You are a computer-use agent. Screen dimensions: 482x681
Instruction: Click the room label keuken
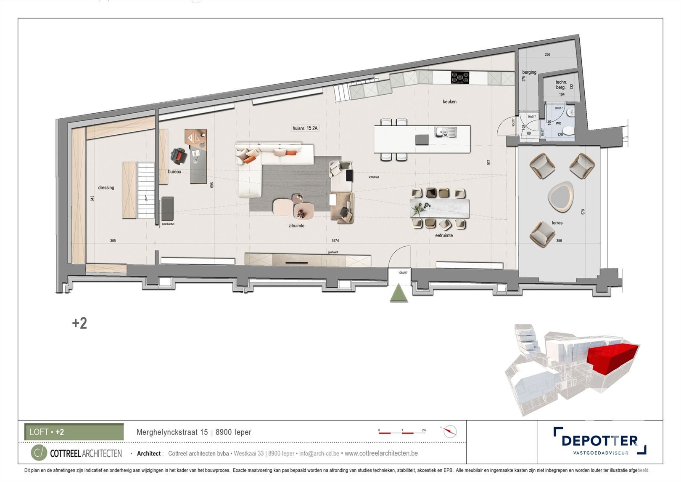[449, 101]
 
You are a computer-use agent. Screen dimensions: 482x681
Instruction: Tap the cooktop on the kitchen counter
[460, 77]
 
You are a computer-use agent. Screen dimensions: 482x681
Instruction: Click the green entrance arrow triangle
[399, 293]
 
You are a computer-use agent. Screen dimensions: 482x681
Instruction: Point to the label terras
[557, 223]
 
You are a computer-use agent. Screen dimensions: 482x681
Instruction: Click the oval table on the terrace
[560, 197]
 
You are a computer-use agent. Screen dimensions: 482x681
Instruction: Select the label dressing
[106, 188]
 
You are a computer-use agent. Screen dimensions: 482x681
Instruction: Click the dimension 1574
[335, 241]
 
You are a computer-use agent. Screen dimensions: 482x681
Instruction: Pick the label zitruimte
[296, 226]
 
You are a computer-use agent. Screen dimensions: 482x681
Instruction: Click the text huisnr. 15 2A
[305, 128]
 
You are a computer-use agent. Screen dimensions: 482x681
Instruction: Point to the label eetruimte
[444, 236]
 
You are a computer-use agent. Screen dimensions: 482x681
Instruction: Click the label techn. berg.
[561, 85]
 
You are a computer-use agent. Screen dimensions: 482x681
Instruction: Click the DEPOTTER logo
[599, 441]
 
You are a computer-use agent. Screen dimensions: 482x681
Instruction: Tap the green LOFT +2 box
[74, 432]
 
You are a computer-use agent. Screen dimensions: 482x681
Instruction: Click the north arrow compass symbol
[449, 431]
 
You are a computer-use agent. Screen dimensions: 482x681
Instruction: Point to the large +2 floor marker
[79, 323]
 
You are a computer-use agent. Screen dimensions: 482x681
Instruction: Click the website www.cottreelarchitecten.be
[381, 453]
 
